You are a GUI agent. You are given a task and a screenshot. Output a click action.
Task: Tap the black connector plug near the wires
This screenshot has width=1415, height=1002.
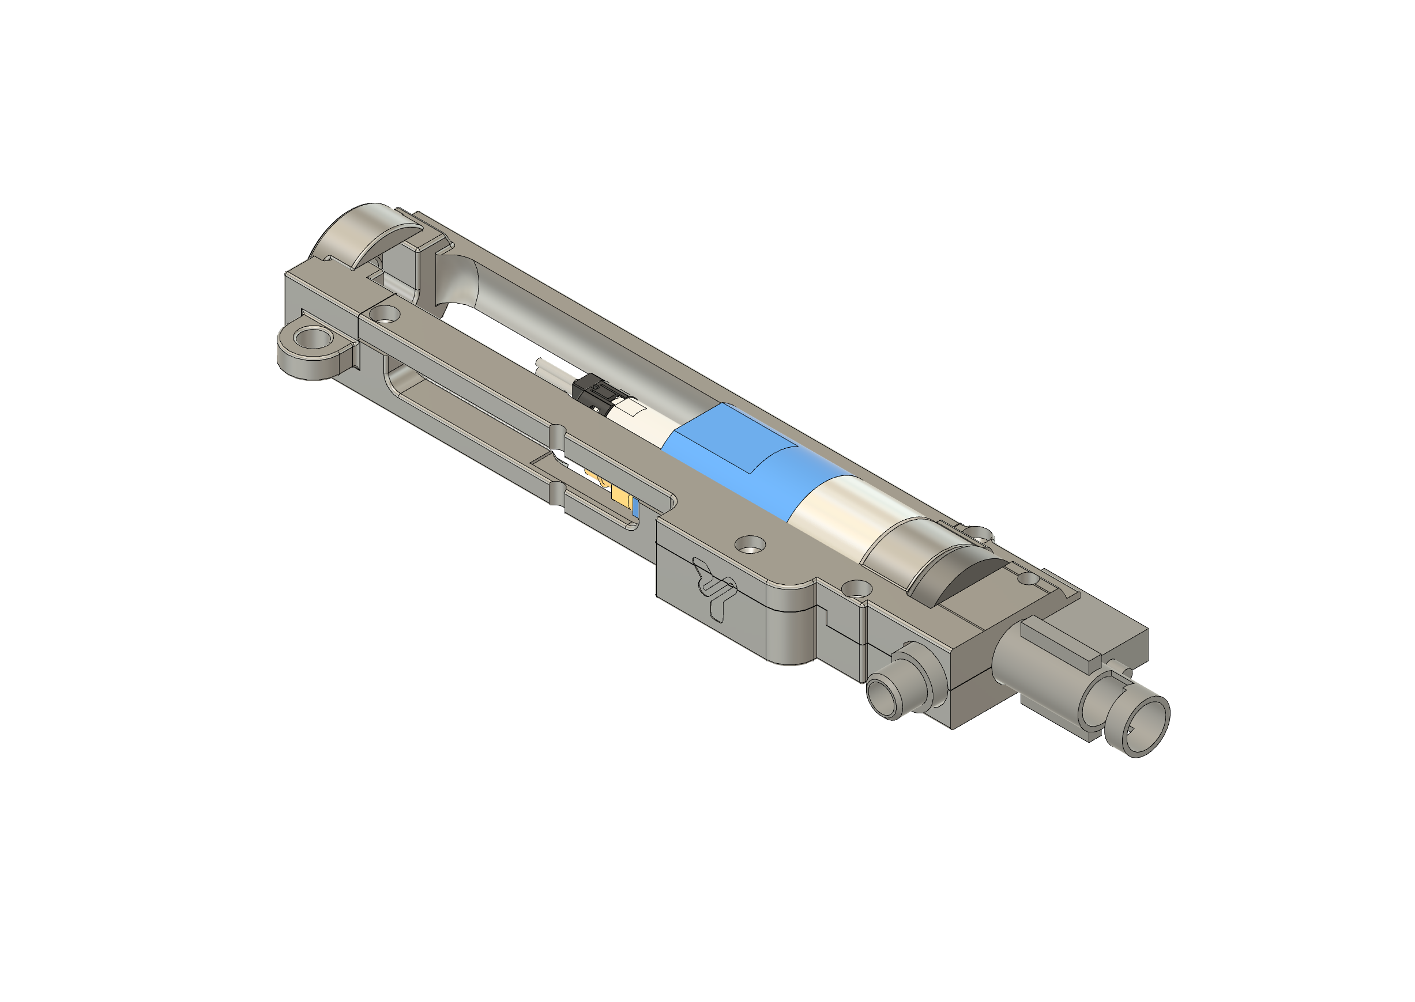[x=589, y=392]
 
